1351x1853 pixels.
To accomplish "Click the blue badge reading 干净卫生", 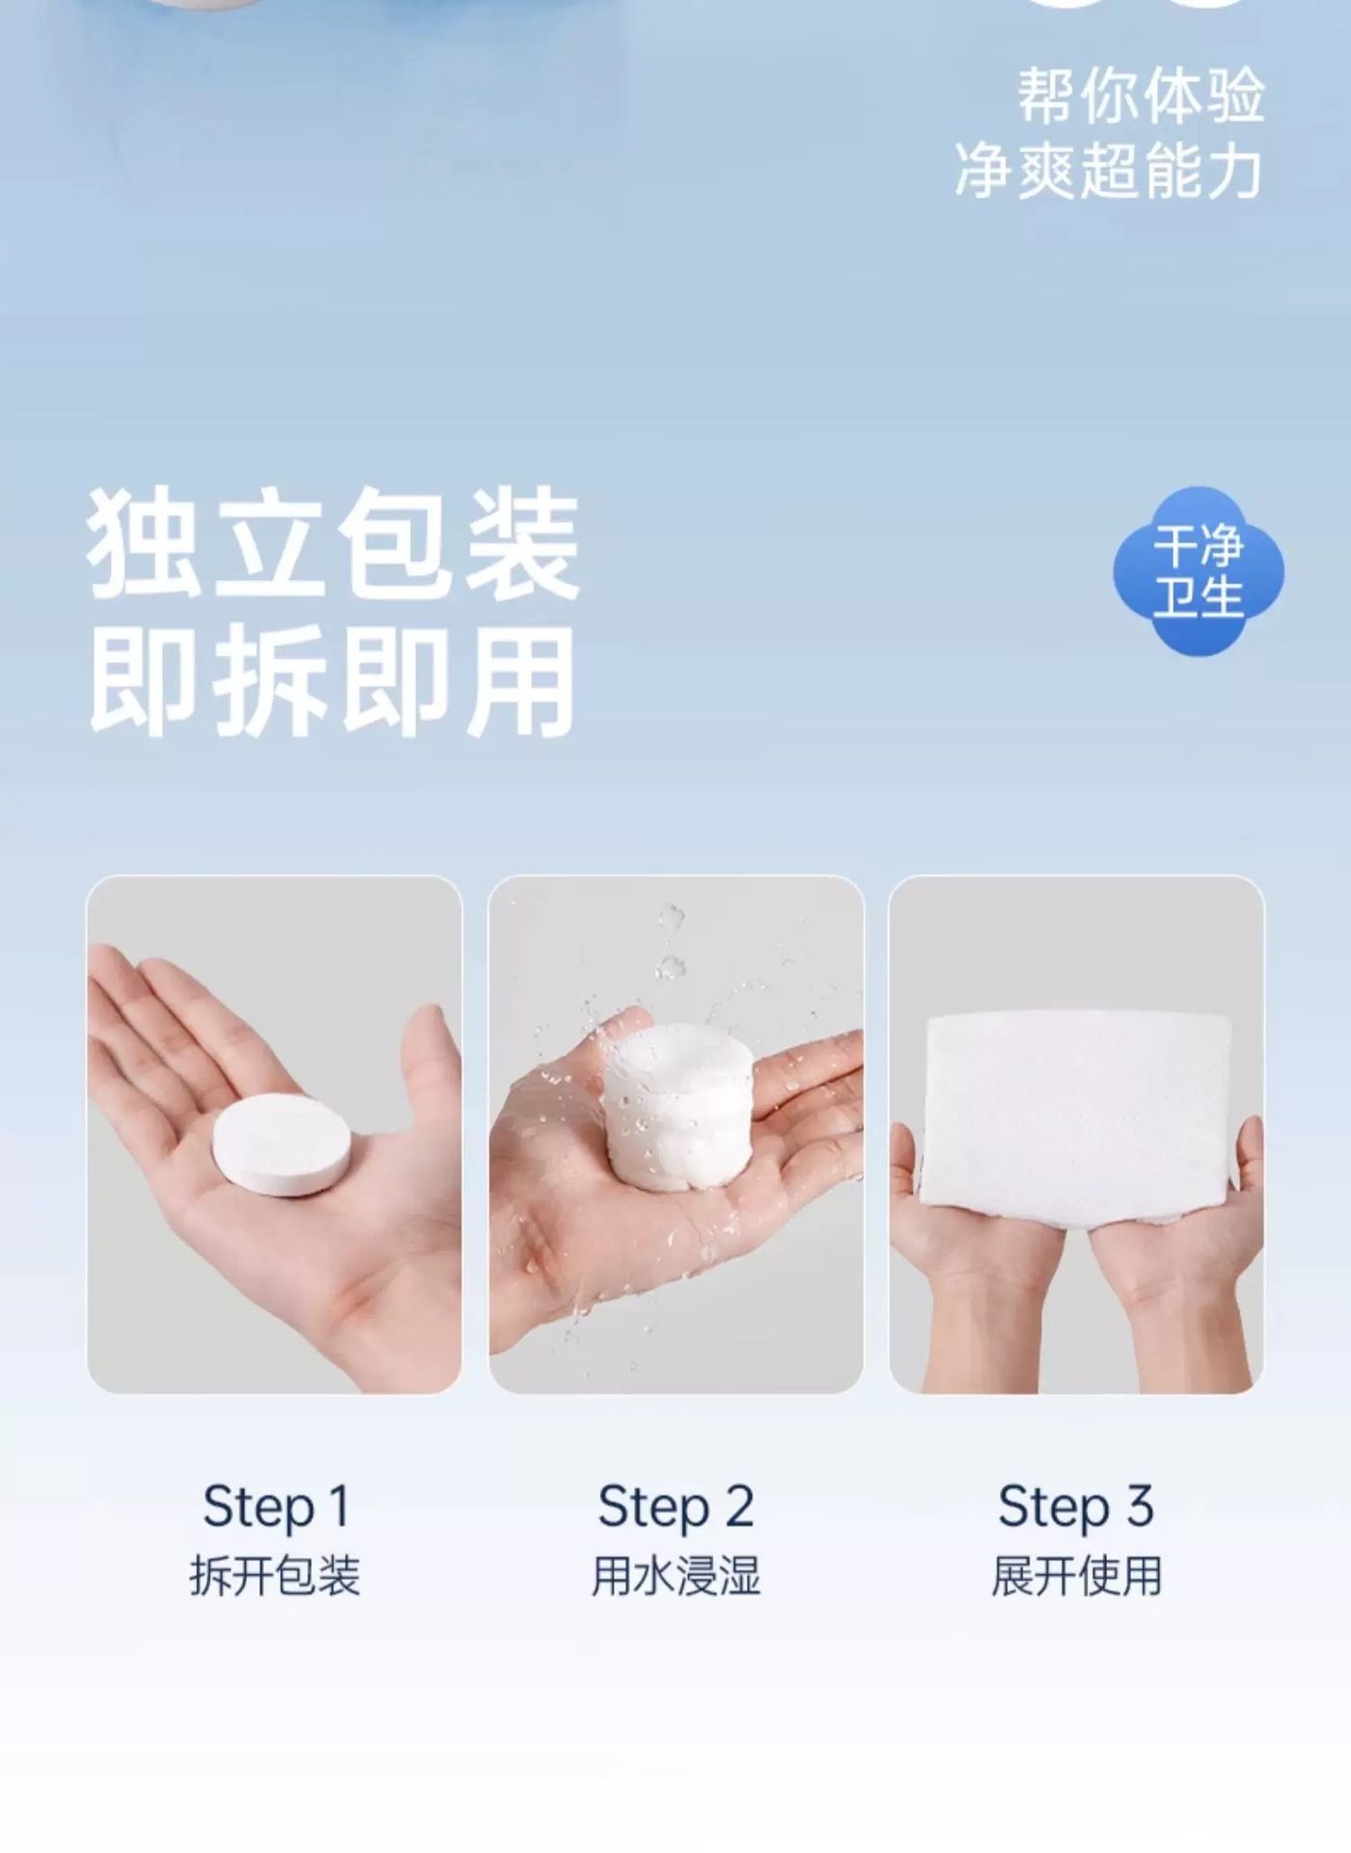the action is [x=1199, y=571].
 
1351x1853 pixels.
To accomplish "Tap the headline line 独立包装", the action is [x=334, y=544].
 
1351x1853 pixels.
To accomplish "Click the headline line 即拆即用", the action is [x=334, y=681].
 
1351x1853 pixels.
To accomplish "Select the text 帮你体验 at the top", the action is [x=1141, y=97].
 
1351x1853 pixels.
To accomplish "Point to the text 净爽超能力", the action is [x=1109, y=171].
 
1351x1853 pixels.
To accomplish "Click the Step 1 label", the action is [x=276, y=1507].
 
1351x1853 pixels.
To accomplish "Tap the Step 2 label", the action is [x=675, y=1507].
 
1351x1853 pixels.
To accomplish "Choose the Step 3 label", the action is [x=1076, y=1507].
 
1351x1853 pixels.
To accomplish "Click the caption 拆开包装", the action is [x=275, y=1576].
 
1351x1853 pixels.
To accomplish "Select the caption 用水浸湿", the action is [x=675, y=1576].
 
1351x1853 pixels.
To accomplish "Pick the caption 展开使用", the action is [x=1076, y=1576].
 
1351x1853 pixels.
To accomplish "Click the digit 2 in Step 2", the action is [x=738, y=1506].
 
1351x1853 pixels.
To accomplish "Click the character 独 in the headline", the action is [x=145, y=544].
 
